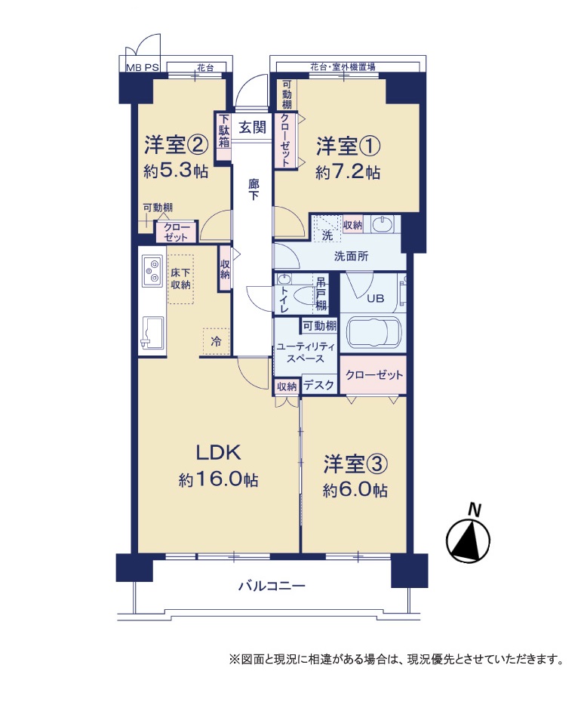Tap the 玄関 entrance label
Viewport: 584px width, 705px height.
coord(252,128)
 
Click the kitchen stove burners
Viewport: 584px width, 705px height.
coord(152,270)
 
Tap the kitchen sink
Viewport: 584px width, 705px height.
coord(152,331)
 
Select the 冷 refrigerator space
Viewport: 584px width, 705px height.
coord(216,341)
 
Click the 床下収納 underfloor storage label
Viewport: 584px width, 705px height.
coord(180,279)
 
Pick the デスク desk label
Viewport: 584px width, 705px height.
coord(318,385)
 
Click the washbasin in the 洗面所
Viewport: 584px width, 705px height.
coord(382,223)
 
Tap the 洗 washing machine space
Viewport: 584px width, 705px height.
coord(327,229)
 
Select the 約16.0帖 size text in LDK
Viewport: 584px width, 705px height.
coord(219,480)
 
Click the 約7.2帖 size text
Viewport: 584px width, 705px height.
coord(348,172)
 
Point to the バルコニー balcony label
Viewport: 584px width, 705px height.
coord(272,586)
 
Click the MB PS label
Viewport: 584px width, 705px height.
coord(142,67)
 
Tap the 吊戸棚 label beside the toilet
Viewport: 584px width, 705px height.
coord(321,293)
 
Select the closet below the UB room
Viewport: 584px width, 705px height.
coord(373,375)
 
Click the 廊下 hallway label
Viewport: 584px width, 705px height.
coord(253,189)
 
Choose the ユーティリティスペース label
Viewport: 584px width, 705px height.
coord(306,352)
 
